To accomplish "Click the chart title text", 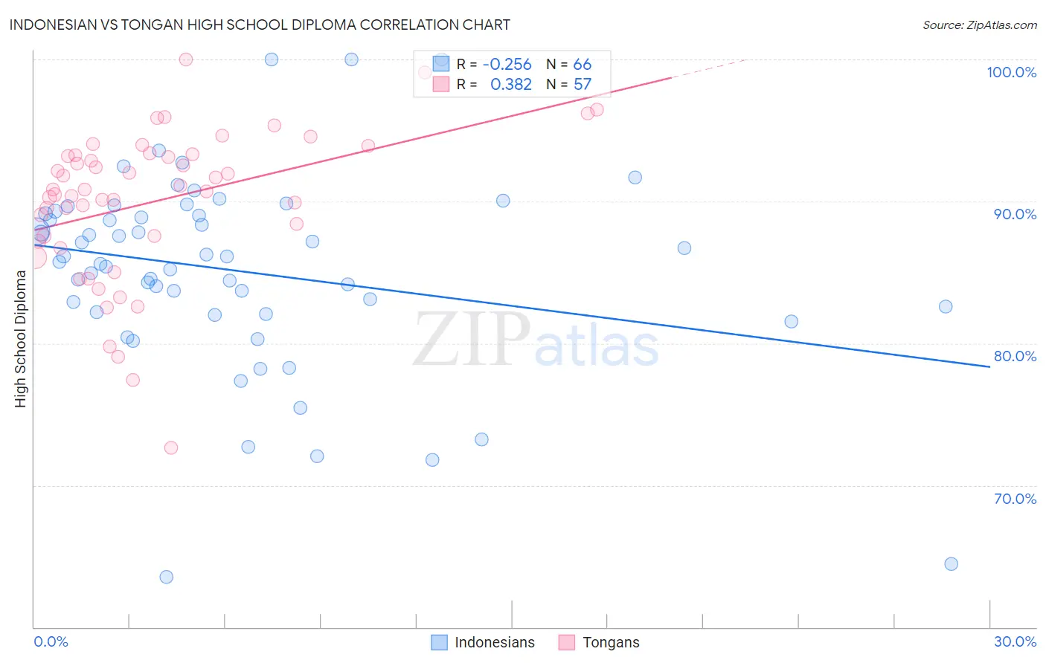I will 260,25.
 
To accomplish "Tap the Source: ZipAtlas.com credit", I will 979,25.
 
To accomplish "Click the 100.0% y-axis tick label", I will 1011,72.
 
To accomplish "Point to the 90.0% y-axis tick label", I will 1014,214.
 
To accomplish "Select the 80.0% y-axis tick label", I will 1014,356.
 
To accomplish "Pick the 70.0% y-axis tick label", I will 1014,499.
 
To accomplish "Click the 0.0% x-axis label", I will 51,641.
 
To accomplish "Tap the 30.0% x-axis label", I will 1015,641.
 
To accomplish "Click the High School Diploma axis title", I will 21,338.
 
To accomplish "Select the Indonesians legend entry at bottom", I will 494,642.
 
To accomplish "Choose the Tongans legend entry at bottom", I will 610,642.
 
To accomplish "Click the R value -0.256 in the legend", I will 507,65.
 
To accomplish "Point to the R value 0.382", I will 510,85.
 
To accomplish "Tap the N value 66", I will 582,65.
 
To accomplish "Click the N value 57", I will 582,85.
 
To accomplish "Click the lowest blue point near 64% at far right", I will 951,563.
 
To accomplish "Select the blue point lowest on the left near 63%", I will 167,577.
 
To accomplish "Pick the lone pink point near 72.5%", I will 171,447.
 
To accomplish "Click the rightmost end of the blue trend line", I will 989,366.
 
